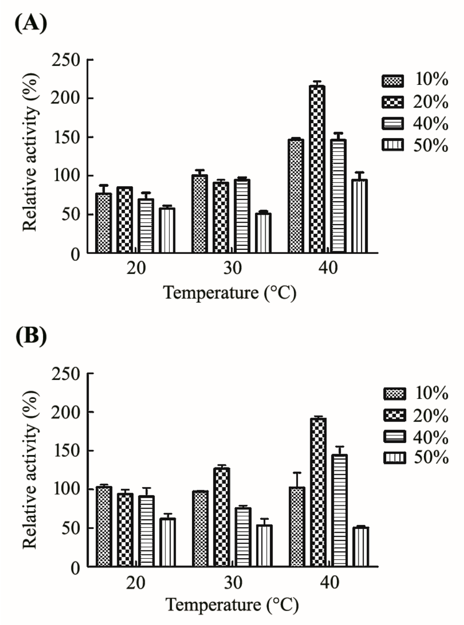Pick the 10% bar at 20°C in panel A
[x=104, y=223]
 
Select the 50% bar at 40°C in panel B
[x=360, y=547]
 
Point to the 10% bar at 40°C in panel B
[x=297, y=527]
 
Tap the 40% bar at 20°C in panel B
[x=146, y=531]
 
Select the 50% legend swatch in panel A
[x=393, y=145]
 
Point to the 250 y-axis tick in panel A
[x=66, y=60]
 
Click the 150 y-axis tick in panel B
[x=66, y=451]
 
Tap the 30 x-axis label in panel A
[x=232, y=268]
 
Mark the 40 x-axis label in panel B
[x=329, y=583]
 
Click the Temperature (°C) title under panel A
[x=230, y=293]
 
